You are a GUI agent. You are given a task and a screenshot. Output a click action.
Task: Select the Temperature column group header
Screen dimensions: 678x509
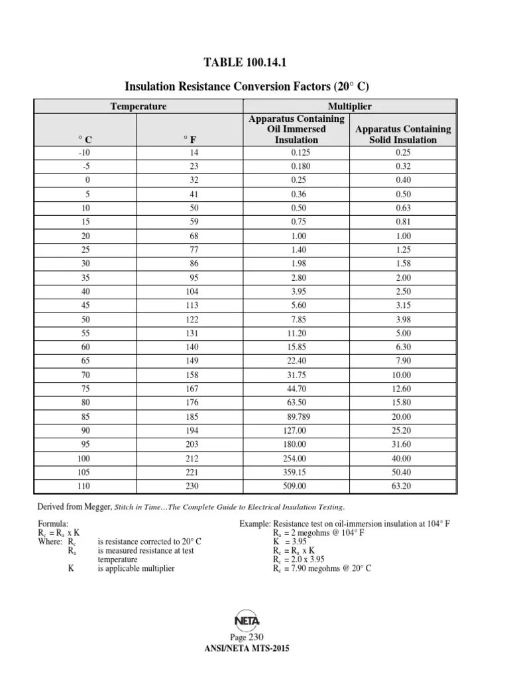pos(138,107)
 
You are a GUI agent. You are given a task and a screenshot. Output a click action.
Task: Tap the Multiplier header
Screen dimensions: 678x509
pos(349,107)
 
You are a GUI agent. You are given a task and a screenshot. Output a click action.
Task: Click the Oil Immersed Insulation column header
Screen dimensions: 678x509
pos(296,129)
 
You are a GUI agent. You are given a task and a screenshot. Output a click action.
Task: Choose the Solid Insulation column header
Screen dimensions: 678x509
pos(403,134)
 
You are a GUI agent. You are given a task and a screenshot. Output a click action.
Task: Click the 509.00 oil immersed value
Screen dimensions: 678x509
pos(296,486)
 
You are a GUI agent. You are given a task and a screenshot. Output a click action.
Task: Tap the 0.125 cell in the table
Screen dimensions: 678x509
pos(296,152)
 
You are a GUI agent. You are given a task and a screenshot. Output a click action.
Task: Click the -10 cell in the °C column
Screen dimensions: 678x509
pos(84,152)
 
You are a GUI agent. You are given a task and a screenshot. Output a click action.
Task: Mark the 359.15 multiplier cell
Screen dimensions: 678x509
pos(296,472)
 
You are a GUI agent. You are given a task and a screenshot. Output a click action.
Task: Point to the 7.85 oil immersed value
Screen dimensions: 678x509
pos(296,319)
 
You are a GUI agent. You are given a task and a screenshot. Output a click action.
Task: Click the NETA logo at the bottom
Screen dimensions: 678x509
pos(247,620)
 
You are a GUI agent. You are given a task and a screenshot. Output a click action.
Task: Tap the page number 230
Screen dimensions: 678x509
pos(256,636)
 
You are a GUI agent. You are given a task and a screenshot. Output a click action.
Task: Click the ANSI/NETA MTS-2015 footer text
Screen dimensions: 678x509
pos(248,649)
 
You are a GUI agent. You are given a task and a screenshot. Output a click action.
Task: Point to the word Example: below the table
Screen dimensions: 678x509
pos(255,524)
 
